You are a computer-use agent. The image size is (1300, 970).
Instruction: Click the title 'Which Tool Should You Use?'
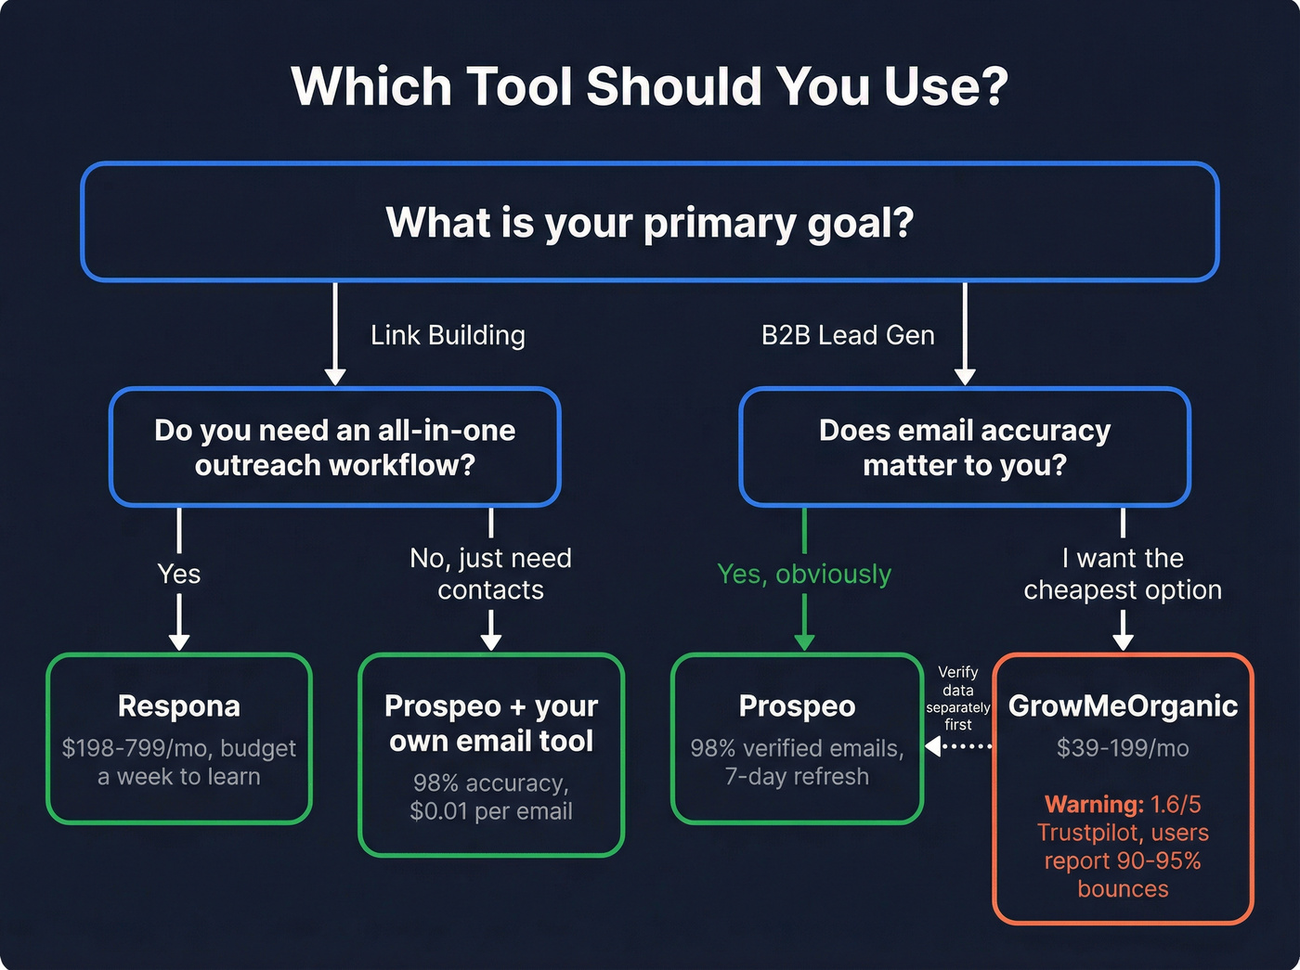tap(649, 86)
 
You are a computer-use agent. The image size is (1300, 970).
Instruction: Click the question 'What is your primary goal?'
tap(649, 223)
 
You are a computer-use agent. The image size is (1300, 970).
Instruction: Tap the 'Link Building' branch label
tap(448, 335)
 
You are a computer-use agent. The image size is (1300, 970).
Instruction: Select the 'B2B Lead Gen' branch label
tap(847, 335)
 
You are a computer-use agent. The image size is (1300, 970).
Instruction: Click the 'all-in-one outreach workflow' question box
tap(334, 447)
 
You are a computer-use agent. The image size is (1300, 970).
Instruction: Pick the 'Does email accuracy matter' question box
tap(964, 447)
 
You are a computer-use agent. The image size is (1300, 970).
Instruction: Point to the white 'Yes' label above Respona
tap(179, 574)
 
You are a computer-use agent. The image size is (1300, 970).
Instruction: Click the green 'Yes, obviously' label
tap(803, 574)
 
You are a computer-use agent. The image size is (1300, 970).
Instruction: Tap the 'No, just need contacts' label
tap(490, 574)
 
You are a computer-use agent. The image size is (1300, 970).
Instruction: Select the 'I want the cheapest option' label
tap(1122, 574)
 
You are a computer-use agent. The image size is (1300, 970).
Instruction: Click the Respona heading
tap(179, 706)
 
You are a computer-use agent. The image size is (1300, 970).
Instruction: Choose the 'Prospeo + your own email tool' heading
tap(490, 723)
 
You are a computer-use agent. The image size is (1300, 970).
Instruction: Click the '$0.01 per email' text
tap(490, 811)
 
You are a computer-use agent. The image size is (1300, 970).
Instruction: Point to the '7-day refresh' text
tap(797, 777)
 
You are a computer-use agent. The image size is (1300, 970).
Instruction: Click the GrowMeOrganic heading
tap(1122, 706)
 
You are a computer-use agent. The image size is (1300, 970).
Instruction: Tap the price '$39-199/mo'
tap(1122, 748)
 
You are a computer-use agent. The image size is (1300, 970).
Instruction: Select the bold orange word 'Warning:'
tap(1093, 804)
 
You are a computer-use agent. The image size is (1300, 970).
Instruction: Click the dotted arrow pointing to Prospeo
tap(961, 746)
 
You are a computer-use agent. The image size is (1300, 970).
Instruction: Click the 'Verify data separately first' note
tap(957, 698)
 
